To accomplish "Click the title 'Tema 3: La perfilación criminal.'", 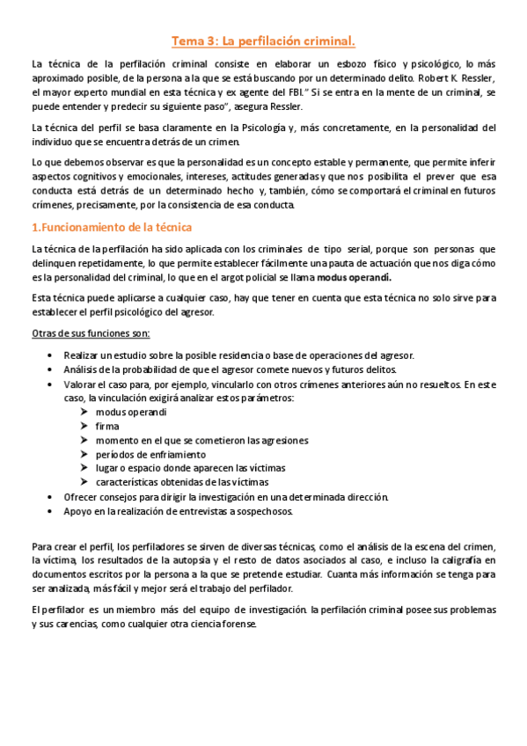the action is pyautogui.click(x=263, y=41).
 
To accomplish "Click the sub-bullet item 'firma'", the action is pyautogui.click(x=106, y=426).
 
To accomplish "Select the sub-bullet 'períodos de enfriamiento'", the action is pyautogui.click(x=150, y=454).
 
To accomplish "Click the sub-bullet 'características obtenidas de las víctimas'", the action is pyautogui.click(x=182, y=482).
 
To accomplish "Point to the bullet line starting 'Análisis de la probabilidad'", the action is pyautogui.click(x=224, y=369).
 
